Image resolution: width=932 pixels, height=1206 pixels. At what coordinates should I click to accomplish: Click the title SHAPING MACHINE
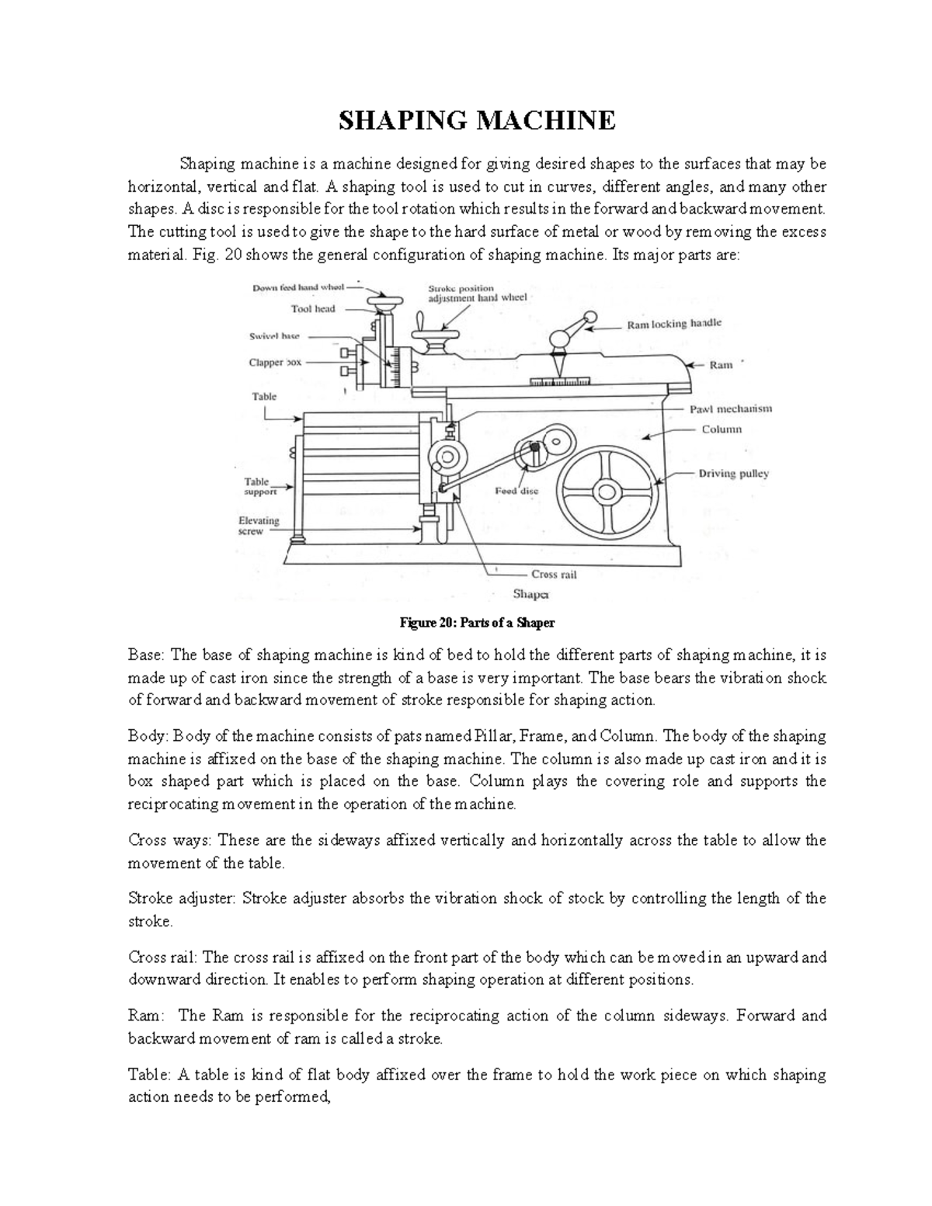(x=476, y=121)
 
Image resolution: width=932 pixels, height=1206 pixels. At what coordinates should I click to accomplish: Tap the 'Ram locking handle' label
(x=674, y=325)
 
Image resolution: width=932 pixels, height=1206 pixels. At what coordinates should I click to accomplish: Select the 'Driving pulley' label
(x=733, y=473)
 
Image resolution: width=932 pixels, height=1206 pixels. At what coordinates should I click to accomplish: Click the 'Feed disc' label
(x=516, y=491)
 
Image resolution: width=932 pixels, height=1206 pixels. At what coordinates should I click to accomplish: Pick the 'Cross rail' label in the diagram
(x=553, y=575)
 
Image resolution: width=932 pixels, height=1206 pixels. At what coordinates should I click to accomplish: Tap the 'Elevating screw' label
(x=258, y=526)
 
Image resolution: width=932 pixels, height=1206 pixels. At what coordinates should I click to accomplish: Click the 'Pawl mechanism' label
(x=731, y=408)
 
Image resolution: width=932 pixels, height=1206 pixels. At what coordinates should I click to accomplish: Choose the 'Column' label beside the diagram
(x=722, y=429)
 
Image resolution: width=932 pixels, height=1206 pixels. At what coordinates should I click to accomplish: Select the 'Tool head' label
(x=313, y=308)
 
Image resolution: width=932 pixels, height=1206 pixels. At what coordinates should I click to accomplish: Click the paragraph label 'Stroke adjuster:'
(x=183, y=898)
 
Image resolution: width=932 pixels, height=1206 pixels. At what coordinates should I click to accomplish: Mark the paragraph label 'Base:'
(x=146, y=655)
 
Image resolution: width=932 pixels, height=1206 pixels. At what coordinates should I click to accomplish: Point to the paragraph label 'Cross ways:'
(x=169, y=840)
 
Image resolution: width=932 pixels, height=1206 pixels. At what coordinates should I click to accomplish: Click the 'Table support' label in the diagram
(x=260, y=486)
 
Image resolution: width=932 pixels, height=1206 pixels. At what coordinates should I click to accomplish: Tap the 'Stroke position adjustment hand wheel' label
(x=477, y=293)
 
